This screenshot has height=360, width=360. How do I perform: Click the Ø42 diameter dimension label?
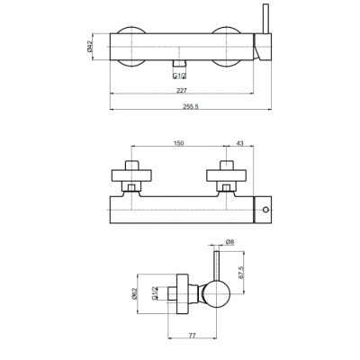tap(90, 47)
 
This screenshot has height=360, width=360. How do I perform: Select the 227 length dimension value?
tap(182, 90)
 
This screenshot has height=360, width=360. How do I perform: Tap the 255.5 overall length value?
tap(191, 106)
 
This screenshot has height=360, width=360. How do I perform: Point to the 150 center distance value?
tap(178, 143)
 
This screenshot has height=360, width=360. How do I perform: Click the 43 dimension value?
tap(239, 143)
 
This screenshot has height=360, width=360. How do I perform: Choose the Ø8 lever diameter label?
tap(229, 242)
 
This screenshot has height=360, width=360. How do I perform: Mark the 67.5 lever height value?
tap(241, 273)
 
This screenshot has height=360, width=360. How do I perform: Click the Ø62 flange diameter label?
tap(134, 293)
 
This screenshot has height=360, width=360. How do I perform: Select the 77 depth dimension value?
tap(192, 336)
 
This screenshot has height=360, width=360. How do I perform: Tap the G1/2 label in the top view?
tap(179, 76)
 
